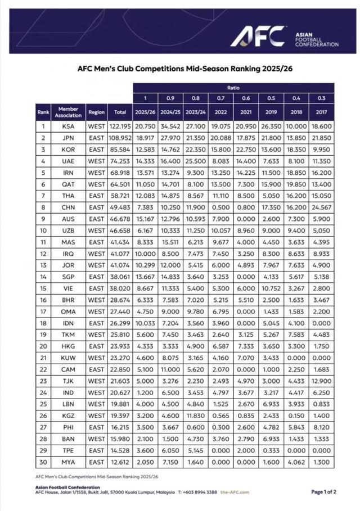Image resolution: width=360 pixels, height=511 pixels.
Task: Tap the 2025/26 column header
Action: [x=145, y=112]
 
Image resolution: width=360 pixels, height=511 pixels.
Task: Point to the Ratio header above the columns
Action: [x=234, y=88]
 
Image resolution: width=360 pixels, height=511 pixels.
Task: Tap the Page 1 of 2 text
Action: [x=323, y=491]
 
